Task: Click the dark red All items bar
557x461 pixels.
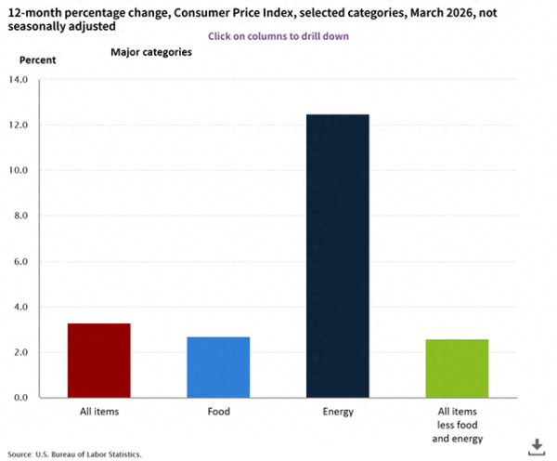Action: pyautogui.click(x=98, y=361)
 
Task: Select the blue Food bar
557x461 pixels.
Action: pyautogui.click(x=218, y=367)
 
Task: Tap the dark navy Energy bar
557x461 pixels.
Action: pyautogui.click(x=338, y=256)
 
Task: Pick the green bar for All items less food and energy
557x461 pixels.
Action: pyautogui.click(x=457, y=368)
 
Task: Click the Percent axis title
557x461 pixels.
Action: pyautogui.click(x=38, y=59)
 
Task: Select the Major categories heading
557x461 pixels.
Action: pyautogui.click(x=151, y=52)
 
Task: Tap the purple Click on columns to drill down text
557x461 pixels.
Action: pyautogui.click(x=278, y=36)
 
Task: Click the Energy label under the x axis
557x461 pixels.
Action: pyautogui.click(x=338, y=410)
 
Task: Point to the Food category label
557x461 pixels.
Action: pyautogui.click(x=218, y=410)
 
